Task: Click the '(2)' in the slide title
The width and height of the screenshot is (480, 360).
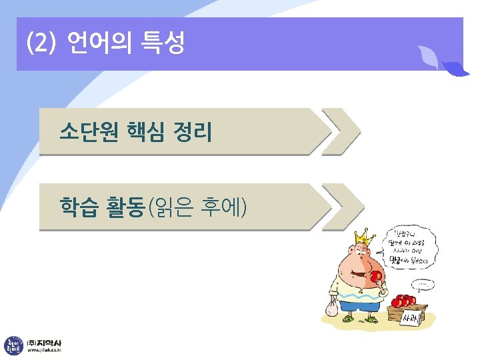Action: [39, 45]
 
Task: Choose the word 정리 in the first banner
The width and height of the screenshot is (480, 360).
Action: [191, 131]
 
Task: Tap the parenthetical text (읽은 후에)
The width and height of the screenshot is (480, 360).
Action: [197, 207]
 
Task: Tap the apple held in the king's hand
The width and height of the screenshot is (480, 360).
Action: [376, 276]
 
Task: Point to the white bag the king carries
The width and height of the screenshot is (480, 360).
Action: [331, 307]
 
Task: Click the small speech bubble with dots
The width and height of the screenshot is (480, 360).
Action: [422, 285]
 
